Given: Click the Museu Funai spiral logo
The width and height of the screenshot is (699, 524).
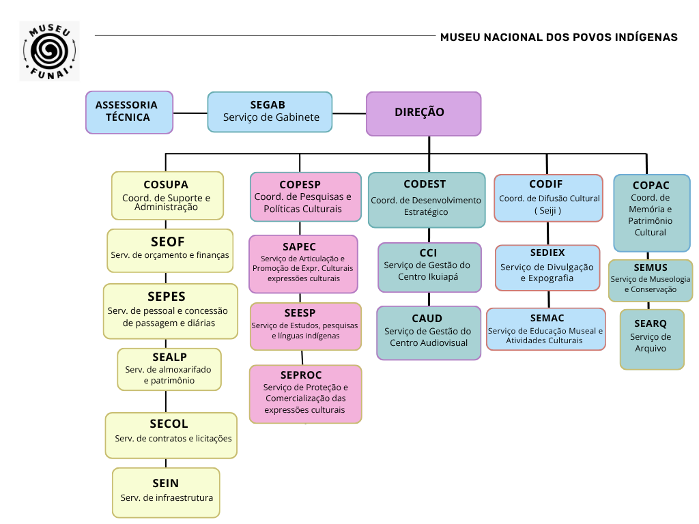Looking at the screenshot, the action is pos(49,51).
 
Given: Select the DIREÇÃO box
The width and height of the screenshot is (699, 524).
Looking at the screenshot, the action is pos(423,114).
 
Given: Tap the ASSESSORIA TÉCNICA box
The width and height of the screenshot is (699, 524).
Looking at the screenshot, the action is pos(129,113).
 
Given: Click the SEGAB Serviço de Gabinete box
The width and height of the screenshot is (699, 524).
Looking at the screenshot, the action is pos(270,112).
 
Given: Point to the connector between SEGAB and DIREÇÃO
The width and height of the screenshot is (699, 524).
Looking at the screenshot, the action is pos(349,114).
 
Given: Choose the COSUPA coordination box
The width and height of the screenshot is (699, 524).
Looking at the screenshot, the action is pos(167,196).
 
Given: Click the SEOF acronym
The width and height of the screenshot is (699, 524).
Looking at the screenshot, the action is pos(167,242).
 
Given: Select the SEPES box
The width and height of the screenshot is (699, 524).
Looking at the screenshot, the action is pos(170,311).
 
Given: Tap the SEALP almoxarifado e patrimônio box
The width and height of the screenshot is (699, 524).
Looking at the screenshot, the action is pos(169,369).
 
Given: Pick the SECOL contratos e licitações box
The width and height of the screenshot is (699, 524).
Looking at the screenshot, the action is pos(171,435).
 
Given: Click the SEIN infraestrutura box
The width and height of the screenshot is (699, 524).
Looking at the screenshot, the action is pos(166,493).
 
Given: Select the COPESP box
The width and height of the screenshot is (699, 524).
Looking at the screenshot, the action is pos(305,197).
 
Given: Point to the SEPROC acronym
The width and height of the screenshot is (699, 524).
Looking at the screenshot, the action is pos(301,375).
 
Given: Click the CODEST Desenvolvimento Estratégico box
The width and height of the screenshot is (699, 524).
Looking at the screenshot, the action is pos(427,200).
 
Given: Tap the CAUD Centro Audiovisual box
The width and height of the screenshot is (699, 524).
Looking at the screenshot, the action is pos(429,332).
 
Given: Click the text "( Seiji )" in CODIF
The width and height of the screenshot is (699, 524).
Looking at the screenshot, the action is pos(547,210).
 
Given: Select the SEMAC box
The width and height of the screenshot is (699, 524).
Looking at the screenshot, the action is pos(545,329).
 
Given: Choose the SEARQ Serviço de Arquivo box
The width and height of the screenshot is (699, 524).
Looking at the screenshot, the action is pos(652,339).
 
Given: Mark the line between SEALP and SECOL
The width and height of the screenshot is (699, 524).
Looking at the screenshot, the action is pos(166,401).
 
